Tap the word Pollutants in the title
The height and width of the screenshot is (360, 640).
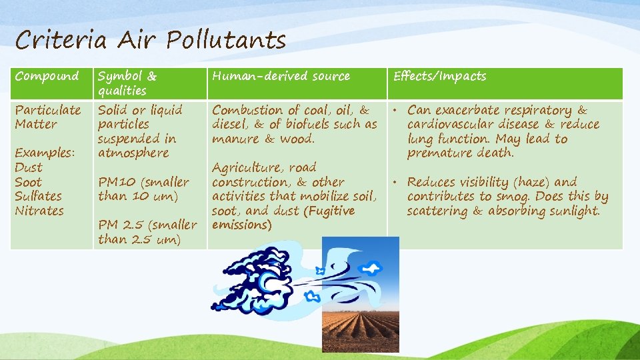click(x=226, y=41)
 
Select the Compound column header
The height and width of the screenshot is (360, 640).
click(x=47, y=76)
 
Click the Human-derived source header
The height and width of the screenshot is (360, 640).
click(x=281, y=76)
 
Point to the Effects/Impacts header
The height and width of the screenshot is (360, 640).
click(x=439, y=76)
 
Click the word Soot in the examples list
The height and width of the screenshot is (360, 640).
click(x=28, y=182)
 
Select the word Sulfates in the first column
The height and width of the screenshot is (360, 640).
click(x=38, y=196)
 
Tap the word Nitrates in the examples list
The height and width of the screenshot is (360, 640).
click(x=39, y=211)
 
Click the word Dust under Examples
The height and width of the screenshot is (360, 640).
click(x=28, y=167)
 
